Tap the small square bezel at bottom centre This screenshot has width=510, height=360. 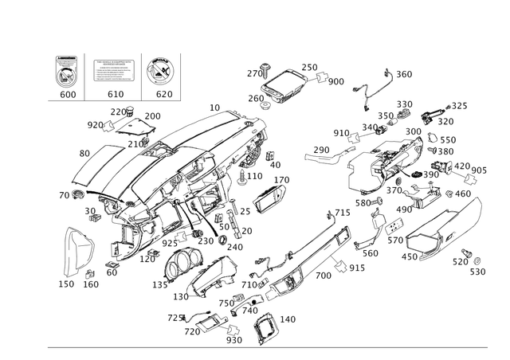(265, 323)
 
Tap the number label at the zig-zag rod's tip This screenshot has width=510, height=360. (403, 74)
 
